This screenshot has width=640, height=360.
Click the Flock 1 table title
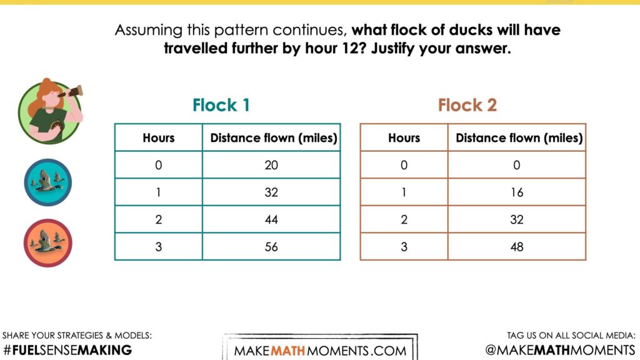click(x=221, y=105)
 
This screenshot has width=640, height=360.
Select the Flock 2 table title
click(x=467, y=105)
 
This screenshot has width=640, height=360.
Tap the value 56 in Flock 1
click(x=271, y=247)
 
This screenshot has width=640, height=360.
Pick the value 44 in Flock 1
click(x=271, y=219)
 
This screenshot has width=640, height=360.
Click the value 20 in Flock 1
click(x=271, y=165)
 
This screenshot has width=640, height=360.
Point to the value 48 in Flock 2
click(x=517, y=247)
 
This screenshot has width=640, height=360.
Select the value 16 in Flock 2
click(x=517, y=192)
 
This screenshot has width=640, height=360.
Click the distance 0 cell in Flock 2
click(x=517, y=165)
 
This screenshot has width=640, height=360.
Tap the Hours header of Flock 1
click(x=159, y=138)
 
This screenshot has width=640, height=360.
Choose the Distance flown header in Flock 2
click(x=519, y=138)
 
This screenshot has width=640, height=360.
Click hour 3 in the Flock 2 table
click(x=404, y=247)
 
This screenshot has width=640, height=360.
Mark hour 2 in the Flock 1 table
click(x=159, y=219)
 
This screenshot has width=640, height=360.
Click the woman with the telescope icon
click(x=49, y=112)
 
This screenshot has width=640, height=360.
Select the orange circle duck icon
click(x=48, y=242)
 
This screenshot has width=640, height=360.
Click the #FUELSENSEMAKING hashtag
click(x=67, y=350)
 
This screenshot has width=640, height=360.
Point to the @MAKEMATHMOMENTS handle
click(x=560, y=350)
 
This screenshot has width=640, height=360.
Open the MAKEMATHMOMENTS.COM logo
click(x=320, y=350)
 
